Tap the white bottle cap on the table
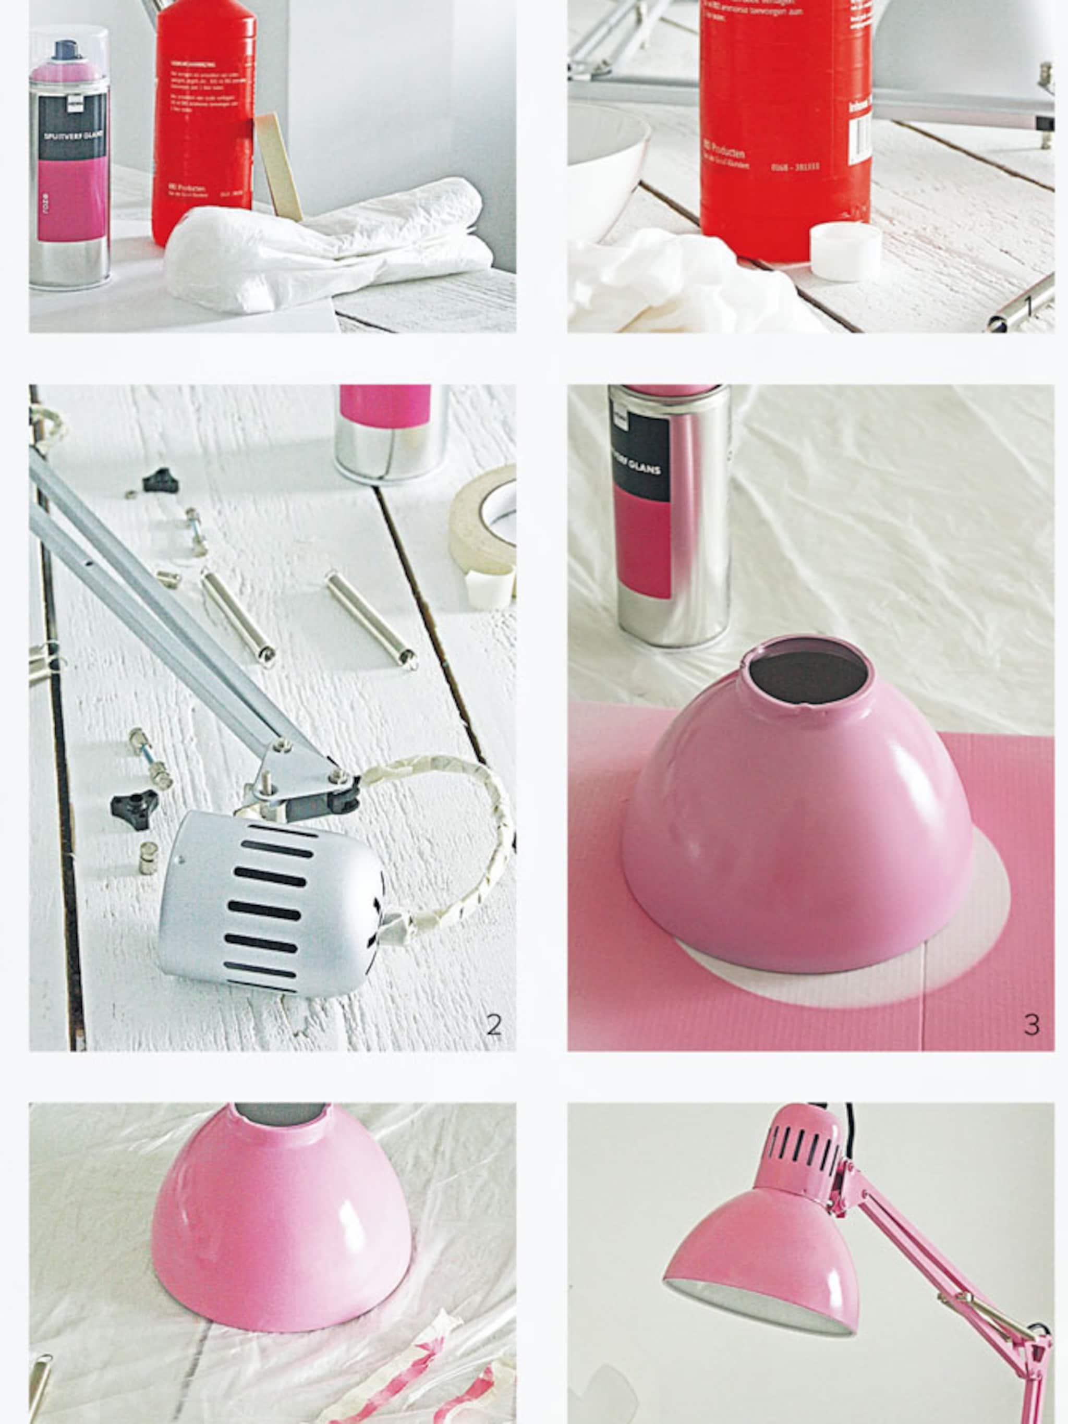[845, 252]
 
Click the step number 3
[1031, 1024]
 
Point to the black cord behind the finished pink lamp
[850, 1123]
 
